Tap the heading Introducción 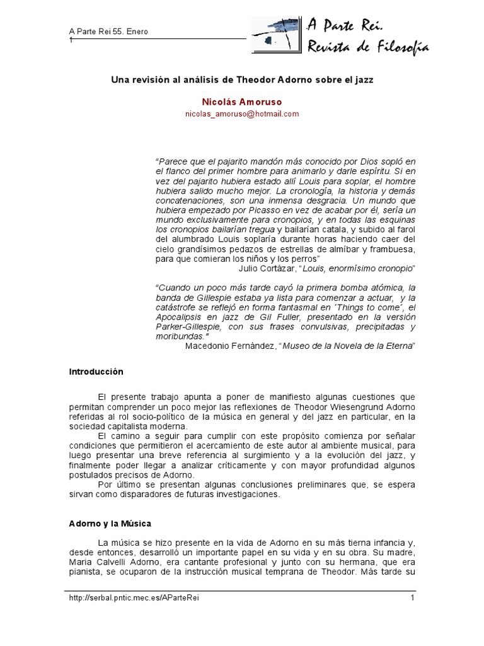pyautogui.click(x=96, y=372)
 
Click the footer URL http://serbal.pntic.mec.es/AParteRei pyautogui.click(x=137, y=597)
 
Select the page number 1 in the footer pyautogui.click(x=412, y=597)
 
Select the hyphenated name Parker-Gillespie pyautogui.click(x=188, y=327)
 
